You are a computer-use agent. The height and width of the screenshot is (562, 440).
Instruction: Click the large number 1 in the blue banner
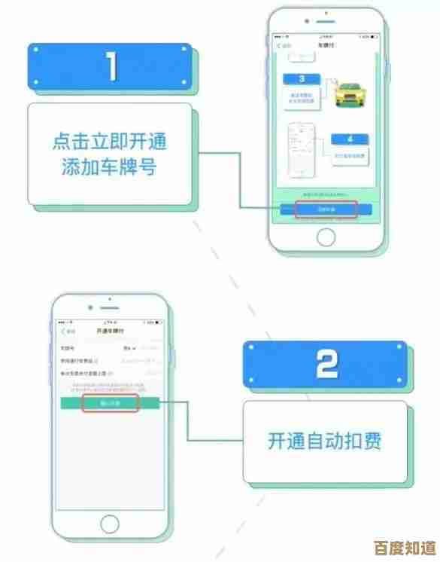pyautogui.click(x=111, y=66)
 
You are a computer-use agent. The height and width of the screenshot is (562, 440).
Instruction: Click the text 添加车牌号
pyautogui.click(x=109, y=166)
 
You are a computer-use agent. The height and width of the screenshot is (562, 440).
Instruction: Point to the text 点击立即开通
pyautogui.click(x=109, y=141)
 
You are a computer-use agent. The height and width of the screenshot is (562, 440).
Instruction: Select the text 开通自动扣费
pyautogui.click(x=324, y=440)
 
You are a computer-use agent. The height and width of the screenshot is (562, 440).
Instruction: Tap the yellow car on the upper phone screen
pyautogui.click(x=348, y=97)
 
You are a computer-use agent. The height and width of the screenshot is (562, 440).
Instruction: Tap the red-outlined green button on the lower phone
pyautogui.click(x=110, y=404)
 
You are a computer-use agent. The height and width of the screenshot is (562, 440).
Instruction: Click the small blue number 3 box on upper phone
pyautogui.click(x=301, y=78)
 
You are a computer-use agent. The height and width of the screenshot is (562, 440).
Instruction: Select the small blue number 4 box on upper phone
pyautogui.click(x=351, y=139)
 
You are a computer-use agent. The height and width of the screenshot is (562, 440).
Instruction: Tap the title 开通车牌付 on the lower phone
pyautogui.click(x=111, y=331)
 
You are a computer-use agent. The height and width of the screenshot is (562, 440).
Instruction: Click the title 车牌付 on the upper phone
pyautogui.click(x=325, y=46)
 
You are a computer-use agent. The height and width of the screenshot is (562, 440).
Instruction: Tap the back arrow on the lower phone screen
pyautogui.click(x=63, y=331)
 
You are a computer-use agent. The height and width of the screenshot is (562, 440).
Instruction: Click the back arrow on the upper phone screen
pyautogui.click(x=279, y=46)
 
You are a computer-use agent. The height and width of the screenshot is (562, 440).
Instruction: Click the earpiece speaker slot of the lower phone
pyautogui.click(x=111, y=308)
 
